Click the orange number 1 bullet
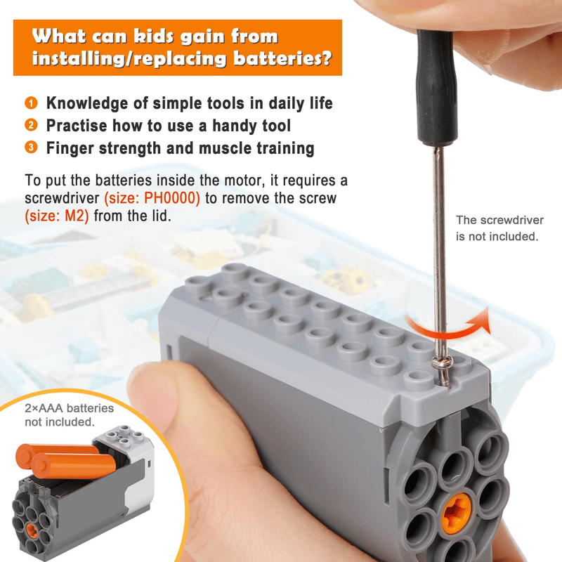31,104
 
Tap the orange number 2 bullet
31,126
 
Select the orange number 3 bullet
31,148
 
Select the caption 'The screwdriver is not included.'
497,228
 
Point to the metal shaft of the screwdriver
438,246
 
